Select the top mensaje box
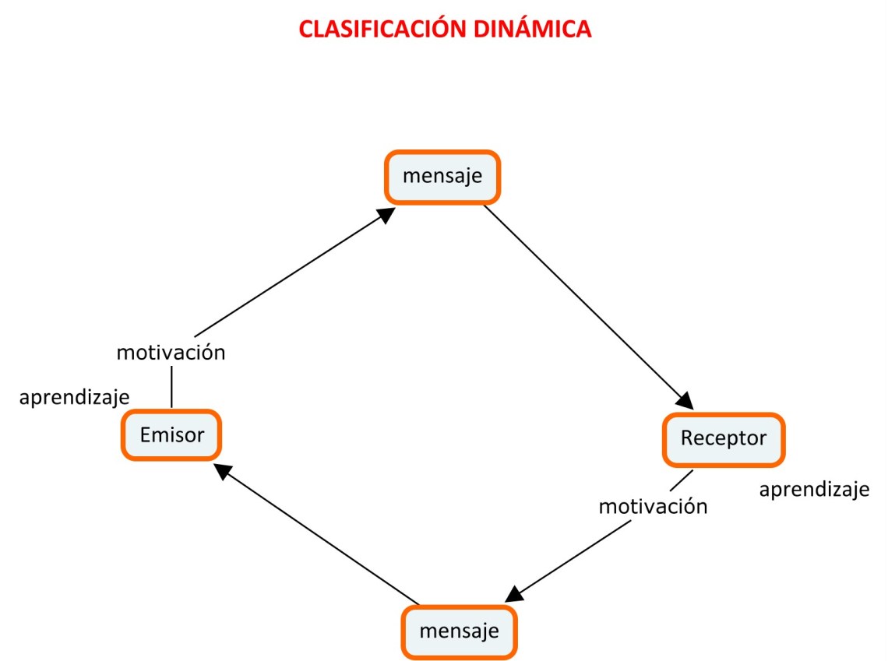[442, 177]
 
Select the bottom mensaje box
[459, 631]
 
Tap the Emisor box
[171, 434]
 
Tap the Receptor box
[723, 438]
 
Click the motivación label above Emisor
[171, 353]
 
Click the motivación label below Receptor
[653, 507]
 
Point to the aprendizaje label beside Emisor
[74, 397]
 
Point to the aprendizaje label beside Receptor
[814, 490]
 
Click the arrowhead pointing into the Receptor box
[684, 400]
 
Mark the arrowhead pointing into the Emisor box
[224, 471]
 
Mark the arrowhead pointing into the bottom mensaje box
[513, 594]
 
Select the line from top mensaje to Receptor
[584, 304]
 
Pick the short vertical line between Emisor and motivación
[171, 386]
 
